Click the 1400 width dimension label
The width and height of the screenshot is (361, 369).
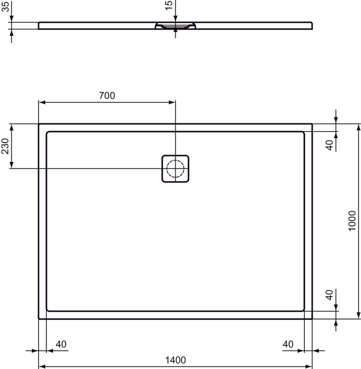[175, 360]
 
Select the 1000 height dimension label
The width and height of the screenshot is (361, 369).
[352, 221]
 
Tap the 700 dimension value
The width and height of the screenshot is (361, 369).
[107, 96]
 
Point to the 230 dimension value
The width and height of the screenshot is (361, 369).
[5, 146]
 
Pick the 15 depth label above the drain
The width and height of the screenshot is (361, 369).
[169, 5]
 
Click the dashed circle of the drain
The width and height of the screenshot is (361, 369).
[175, 168]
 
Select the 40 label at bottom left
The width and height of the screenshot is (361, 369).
[61, 344]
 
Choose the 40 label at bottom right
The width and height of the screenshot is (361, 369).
[288, 344]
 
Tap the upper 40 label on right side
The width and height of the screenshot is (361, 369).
[330, 145]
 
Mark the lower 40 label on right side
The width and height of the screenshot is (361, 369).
[330, 295]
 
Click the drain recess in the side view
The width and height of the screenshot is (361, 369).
[175, 26]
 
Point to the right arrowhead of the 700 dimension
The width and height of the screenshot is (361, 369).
[172, 103]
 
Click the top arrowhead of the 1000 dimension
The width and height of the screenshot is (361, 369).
[358, 128]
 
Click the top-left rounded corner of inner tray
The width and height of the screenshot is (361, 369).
[48, 133]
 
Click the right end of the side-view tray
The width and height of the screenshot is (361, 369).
[311, 26]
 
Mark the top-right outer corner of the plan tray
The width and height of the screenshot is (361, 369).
[312, 124]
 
